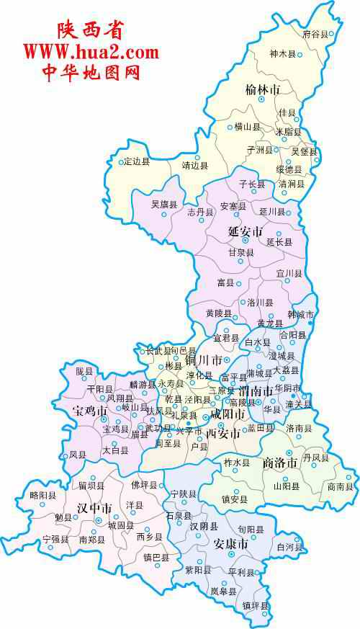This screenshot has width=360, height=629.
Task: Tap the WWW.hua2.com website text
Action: tap(91, 52)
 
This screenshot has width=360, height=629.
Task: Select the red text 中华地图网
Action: tap(91, 72)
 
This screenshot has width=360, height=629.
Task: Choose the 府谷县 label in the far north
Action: tap(315, 34)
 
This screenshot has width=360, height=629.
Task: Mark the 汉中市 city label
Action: tap(94, 509)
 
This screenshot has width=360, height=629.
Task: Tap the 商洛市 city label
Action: tap(280, 463)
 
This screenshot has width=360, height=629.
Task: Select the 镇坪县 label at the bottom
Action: tap(255, 605)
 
